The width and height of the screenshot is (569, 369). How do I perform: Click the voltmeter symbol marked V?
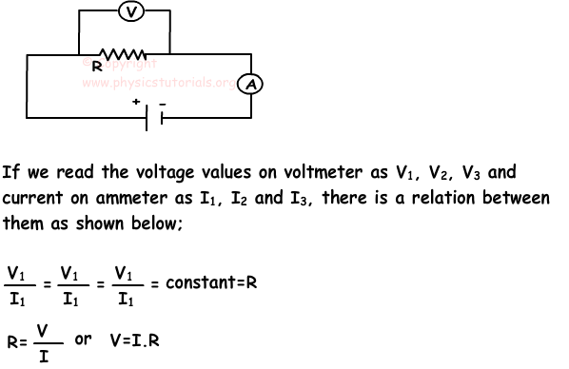coord(133,12)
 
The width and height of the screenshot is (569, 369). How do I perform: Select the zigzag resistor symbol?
coord(122,54)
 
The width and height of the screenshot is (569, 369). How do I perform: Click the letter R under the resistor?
coord(96,68)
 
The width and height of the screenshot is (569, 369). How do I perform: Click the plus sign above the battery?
coord(136,101)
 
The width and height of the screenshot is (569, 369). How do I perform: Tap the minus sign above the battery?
coord(163,101)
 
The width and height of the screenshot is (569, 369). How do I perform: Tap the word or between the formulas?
coord(83,340)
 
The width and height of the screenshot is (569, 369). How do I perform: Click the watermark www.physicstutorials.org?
coord(158,83)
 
